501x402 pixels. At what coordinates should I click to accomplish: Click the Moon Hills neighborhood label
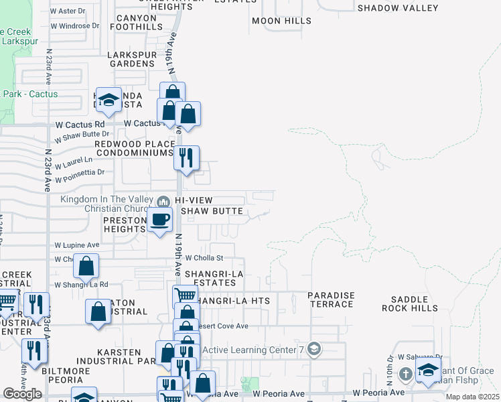pyautogui.click(x=281, y=21)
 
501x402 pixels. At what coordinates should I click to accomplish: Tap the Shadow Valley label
pyautogui.click(x=398, y=8)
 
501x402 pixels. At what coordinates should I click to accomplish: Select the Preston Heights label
pyautogui.click(x=125, y=224)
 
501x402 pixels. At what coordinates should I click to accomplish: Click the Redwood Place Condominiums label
pyautogui.click(x=134, y=148)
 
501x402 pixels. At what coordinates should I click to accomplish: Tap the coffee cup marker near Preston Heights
pyautogui.click(x=159, y=220)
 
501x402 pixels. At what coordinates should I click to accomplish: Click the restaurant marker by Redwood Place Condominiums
pyautogui.click(x=186, y=157)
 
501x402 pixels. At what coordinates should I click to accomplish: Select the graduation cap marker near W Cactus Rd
pyautogui.click(x=108, y=100)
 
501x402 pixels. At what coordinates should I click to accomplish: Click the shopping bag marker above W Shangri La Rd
pyautogui.click(x=86, y=267)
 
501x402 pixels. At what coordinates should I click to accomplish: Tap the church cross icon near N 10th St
pyautogui.click(x=405, y=373)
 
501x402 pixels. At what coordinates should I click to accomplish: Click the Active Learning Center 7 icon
pyautogui.click(x=315, y=349)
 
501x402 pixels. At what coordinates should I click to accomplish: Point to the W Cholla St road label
pyautogui.click(x=204, y=257)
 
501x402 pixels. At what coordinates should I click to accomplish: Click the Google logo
pyautogui.click(x=22, y=394)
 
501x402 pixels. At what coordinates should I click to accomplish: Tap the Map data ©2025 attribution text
pyautogui.click(x=473, y=397)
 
